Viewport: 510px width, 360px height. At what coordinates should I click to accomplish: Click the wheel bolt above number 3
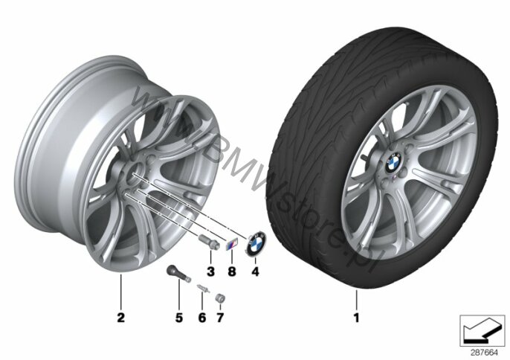tap(207, 245)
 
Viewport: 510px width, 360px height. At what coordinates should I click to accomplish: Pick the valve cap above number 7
tap(221, 298)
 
